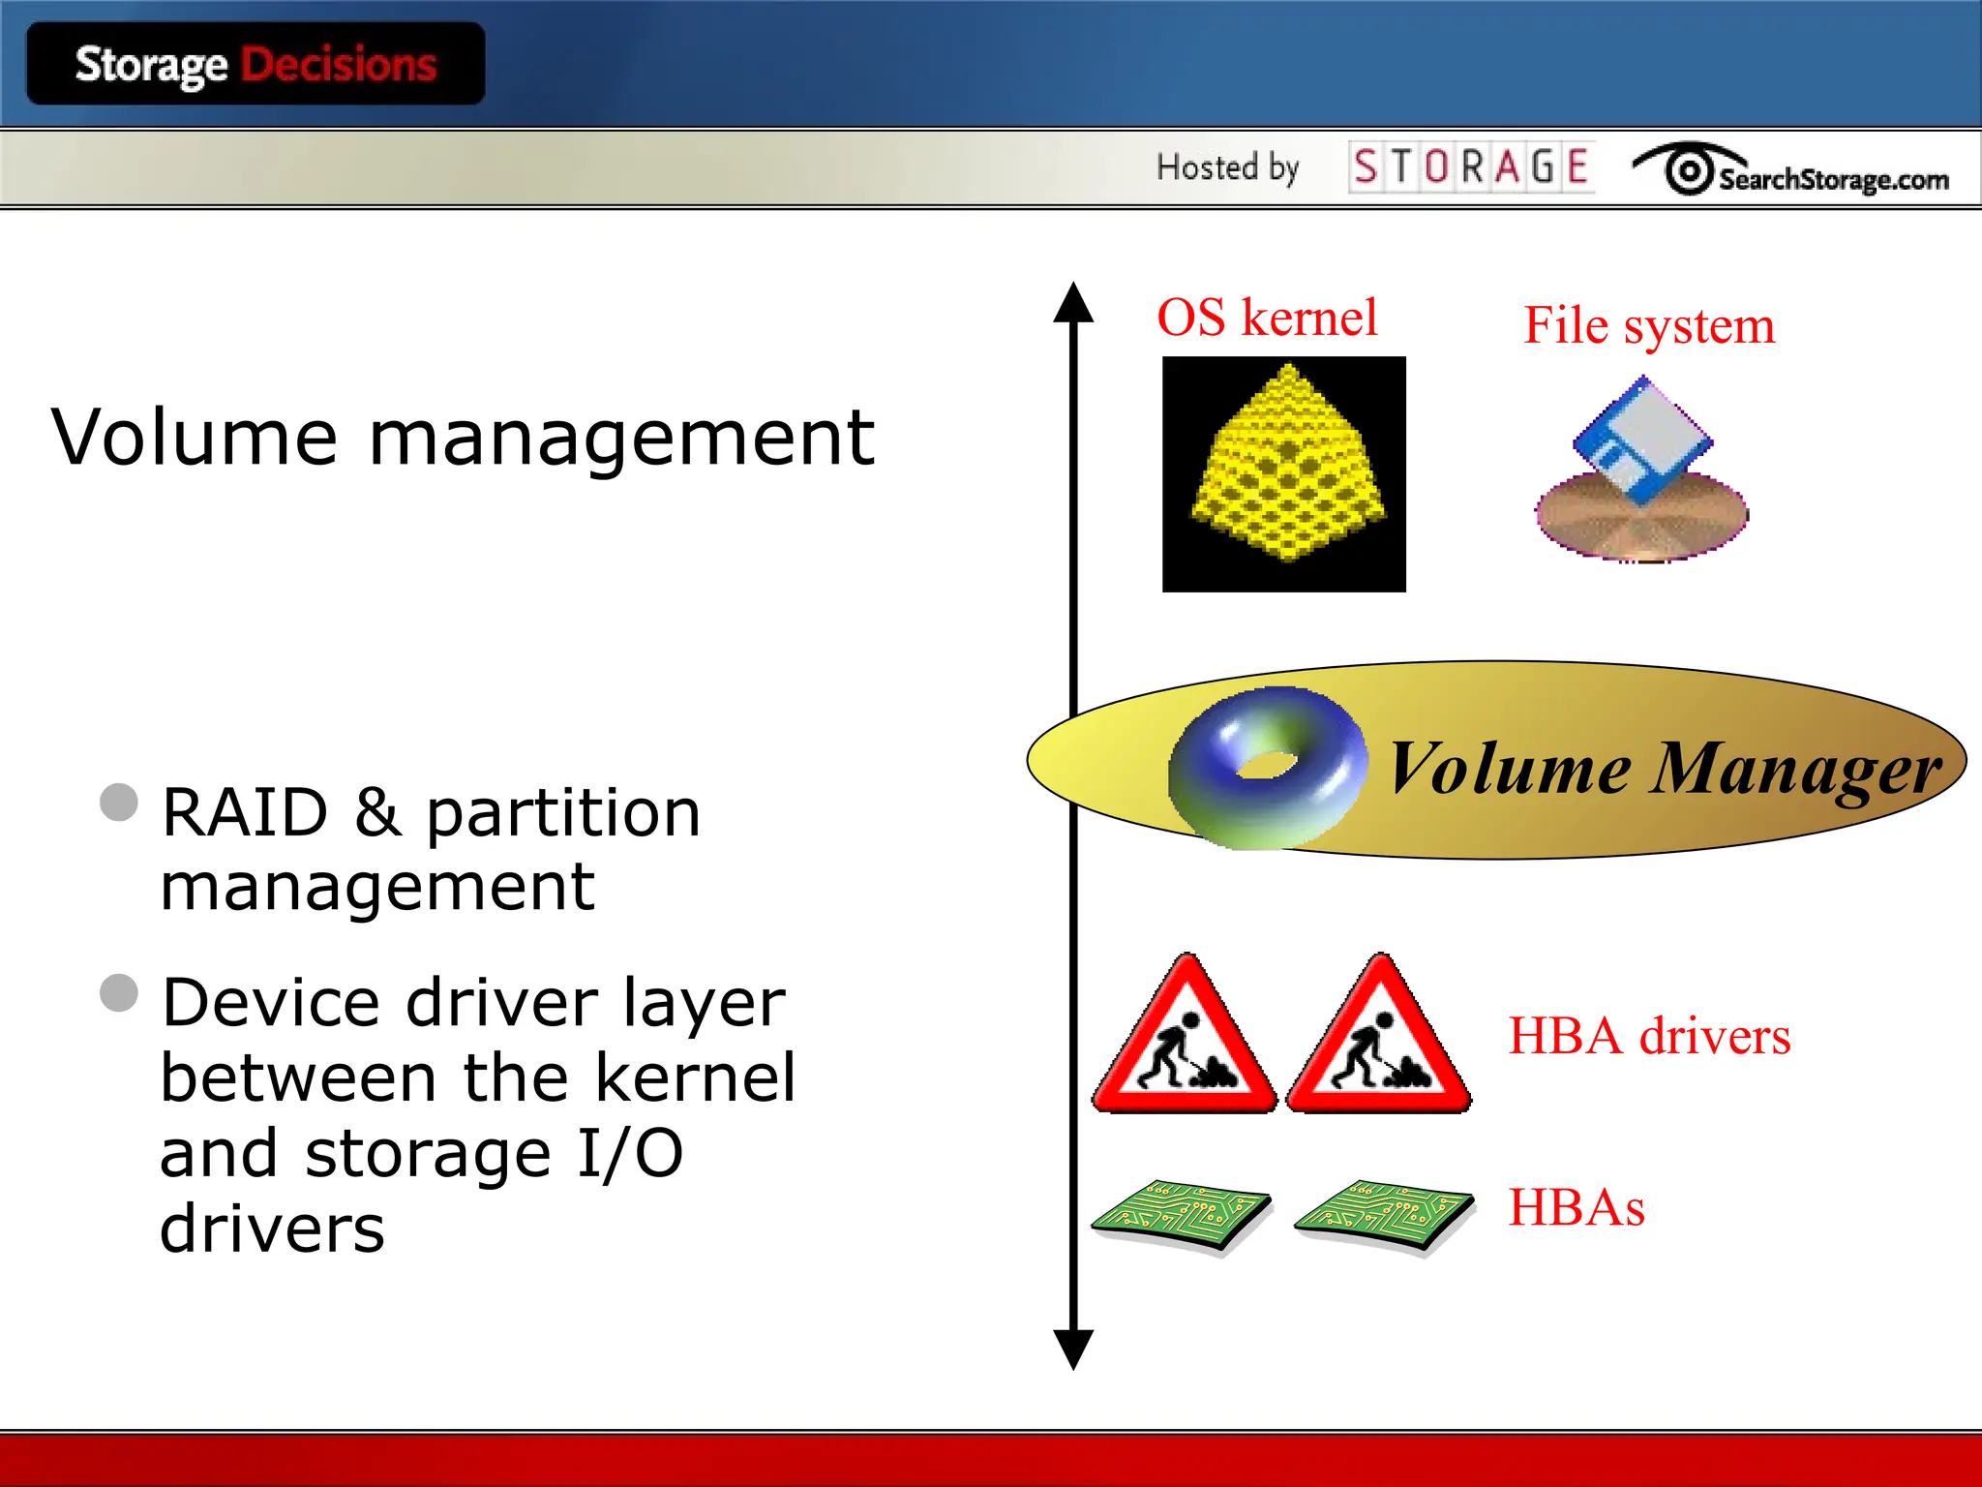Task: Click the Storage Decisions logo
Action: tap(255, 65)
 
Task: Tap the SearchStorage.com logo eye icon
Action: tap(1689, 171)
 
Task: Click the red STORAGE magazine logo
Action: tap(1470, 167)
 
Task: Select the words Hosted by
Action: tap(1227, 167)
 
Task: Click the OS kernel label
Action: tap(1267, 318)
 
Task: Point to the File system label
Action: tap(1649, 325)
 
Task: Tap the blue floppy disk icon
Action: tap(1642, 441)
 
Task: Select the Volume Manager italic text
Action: tap(1663, 769)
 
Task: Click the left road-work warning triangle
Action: tap(1186, 1042)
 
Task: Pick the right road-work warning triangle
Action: tap(1379, 1042)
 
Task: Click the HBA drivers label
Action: tap(1649, 1036)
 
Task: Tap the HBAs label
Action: tap(1577, 1207)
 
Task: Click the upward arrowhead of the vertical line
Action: tap(1073, 304)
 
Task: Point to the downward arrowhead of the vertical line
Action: tap(1073, 1348)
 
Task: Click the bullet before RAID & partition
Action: tap(119, 803)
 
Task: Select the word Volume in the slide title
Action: tap(194, 438)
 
